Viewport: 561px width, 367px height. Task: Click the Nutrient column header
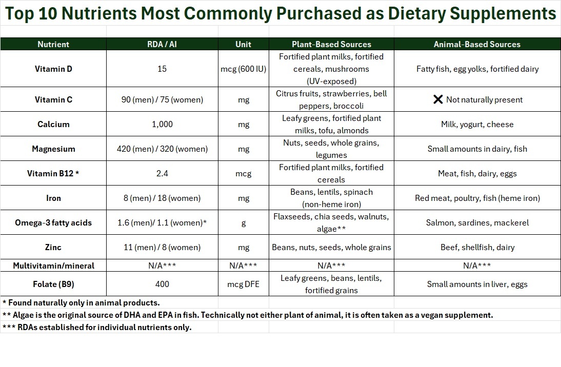coord(53,44)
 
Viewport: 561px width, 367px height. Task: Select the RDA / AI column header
coord(162,44)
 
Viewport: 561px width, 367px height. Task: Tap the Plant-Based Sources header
coord(331,44)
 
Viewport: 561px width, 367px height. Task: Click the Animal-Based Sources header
coord(477,44)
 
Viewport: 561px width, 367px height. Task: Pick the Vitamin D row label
coord(53,69)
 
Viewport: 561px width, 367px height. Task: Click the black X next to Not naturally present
coord(438,99)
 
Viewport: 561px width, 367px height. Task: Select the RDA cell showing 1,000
coord(162,124)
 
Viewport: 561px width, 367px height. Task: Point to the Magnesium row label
coord(53,149)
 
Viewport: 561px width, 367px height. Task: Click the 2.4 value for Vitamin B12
coord(162,173)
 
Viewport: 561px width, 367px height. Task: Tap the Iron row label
coord(53,198)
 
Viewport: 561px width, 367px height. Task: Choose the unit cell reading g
coord(243,222)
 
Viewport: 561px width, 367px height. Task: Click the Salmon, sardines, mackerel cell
coord(477,222)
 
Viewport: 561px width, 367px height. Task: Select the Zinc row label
coord(53,247)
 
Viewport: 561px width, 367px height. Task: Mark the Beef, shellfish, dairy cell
coord(477,247)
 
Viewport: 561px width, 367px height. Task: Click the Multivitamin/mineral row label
coord(53,266)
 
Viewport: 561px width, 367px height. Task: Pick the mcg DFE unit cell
coord(243,284)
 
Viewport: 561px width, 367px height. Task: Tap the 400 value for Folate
coord(162,284)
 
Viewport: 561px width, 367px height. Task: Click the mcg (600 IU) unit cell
coord(243,69)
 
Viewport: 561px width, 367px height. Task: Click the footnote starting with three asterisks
coord(97,327)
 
